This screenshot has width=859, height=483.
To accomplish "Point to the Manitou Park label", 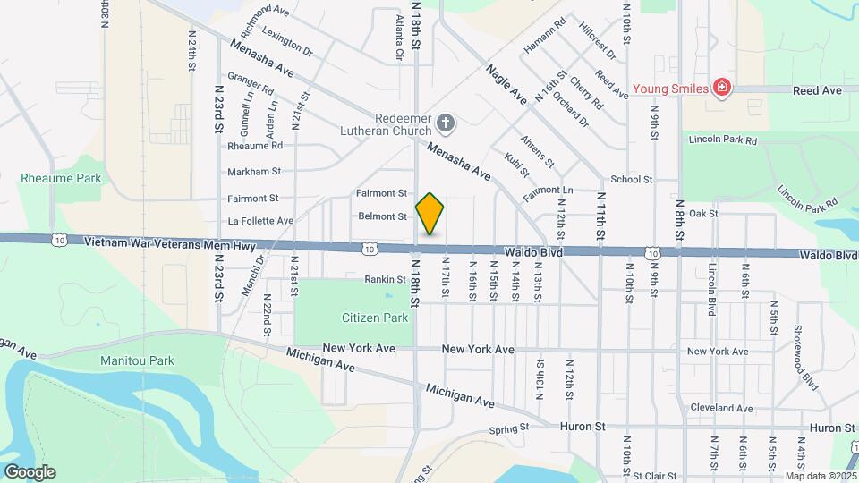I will [x=138, y=360].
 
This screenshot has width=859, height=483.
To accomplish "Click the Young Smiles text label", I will [x=671, y=89].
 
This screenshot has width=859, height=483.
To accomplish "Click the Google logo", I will [x=29, y=471].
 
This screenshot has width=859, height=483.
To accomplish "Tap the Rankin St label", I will [x=387, y=280].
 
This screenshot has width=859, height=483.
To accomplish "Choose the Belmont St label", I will [x=383, y=216].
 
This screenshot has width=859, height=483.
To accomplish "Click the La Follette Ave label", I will [x=260, y=220].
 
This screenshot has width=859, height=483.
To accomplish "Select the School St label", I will [x=632, y=180].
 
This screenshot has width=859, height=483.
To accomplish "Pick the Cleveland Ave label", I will [x=721, y=408].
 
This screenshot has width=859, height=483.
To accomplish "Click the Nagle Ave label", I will [x=506, y=84].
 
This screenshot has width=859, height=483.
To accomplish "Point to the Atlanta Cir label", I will [x=399, y=37].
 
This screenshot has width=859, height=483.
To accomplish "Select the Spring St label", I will [x=510, y=430].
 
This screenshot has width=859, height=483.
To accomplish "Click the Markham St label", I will [x=254, y=171].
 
